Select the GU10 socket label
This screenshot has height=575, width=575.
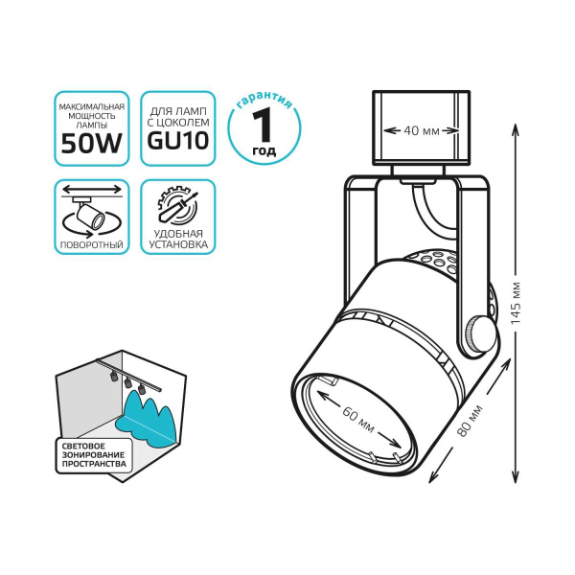177,143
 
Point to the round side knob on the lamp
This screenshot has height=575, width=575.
481,334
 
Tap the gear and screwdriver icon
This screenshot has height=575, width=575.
177,205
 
